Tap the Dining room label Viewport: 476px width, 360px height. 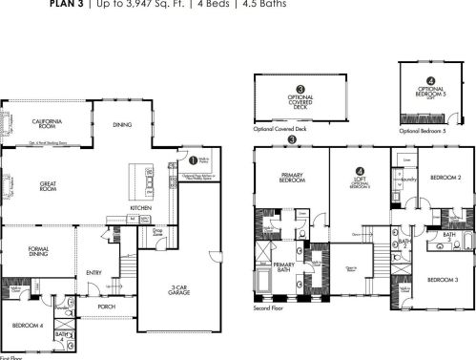(122, 124)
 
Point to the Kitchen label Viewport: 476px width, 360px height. (141, 207)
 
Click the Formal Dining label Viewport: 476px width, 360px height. (33, 254)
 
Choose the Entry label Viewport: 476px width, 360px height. (94, 272)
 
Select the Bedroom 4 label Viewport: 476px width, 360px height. (27, 327)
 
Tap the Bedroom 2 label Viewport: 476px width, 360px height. (445, 178)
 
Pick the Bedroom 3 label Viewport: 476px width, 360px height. (442, 280)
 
